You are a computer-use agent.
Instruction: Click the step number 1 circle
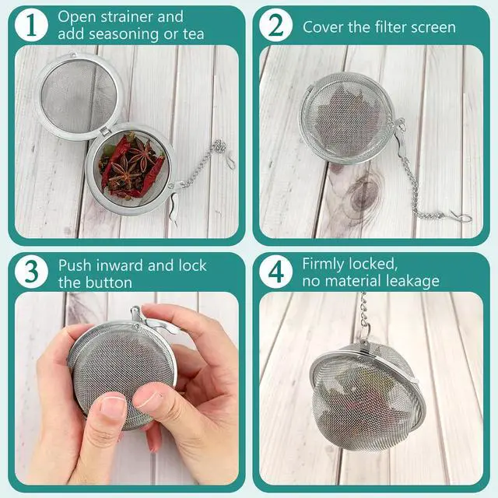coord(31,26)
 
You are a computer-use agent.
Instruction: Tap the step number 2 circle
coord(275,26)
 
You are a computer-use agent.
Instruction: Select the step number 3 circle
coord(31,272)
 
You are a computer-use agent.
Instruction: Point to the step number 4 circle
coord(275,272)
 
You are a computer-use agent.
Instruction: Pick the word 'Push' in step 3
coord(75,265)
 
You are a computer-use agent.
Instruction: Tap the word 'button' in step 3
coord(112,282)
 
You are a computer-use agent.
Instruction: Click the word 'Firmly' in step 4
coord(327,265)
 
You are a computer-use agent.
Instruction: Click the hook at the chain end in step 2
coord(461,217)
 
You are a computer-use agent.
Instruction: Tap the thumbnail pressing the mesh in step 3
coord(113,405)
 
